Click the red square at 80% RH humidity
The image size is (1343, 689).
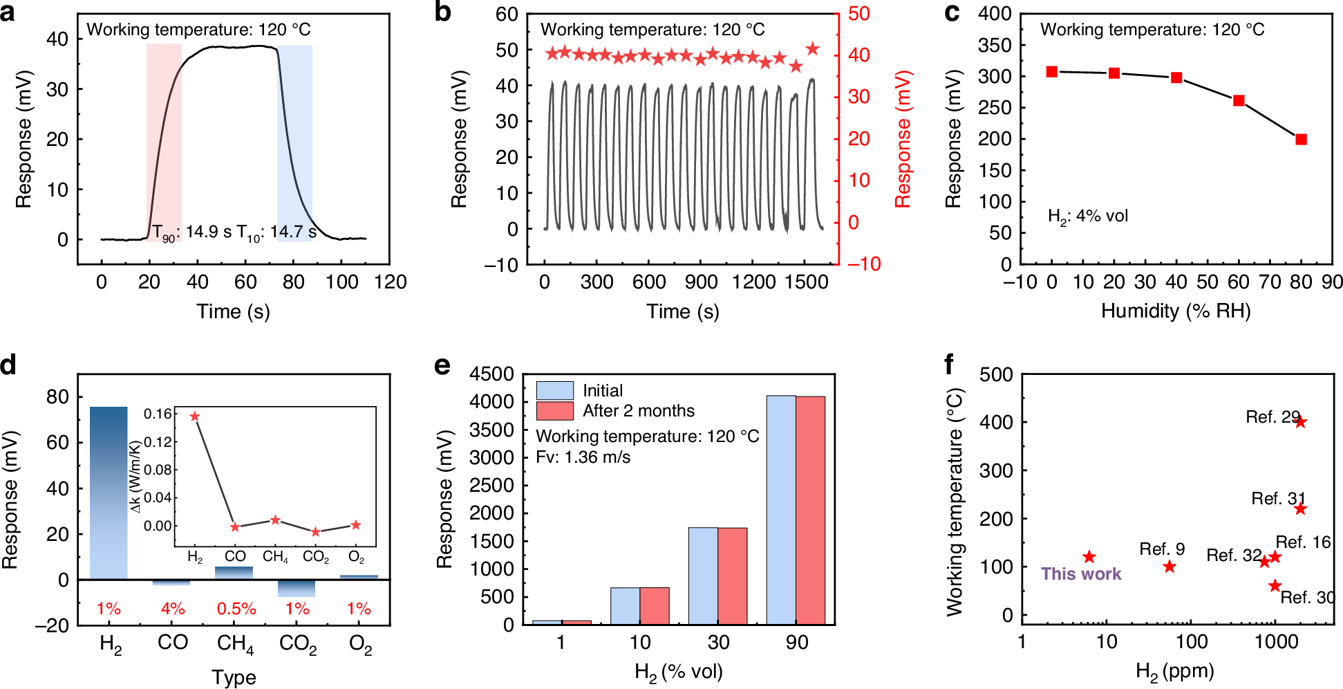pyautogui.click(x=1300, y=139)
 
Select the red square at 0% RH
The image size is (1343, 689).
pyautogui.click(x=1051, y=72)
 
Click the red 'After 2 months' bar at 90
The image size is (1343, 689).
pyautogui.click(x=810, y=511)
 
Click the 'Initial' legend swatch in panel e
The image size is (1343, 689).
pyautogui.click(x=554, y=390)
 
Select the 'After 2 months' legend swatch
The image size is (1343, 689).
pyautogui.click(x=554, y=411)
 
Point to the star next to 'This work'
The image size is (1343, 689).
pyautogui.click(x=1089, y=557)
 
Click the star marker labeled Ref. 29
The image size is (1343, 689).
pyautogui.click(x=1300, y=422)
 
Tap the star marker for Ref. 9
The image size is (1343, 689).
pyautogui.click(x=1169, y=567)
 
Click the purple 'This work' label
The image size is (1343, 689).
pyautogui.click(x=1081, y=574)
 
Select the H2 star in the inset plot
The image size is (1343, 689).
pyautogui.click(x=195, y=416)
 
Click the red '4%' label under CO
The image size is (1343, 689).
pyautogui.click(x=172, y=609)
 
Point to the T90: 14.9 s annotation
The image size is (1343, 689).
pyautogui.click(x=191, y=232)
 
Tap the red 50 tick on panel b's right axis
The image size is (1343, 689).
pyautogui.click(x=858, y=14)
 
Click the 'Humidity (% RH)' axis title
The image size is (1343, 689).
pyautogui.click(x=1175, y=311)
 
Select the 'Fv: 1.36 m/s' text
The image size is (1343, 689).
pyautogui.click(x=583, y=457)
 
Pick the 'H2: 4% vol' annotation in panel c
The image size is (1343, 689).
pyautogui.click(x=1087, y=217)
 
